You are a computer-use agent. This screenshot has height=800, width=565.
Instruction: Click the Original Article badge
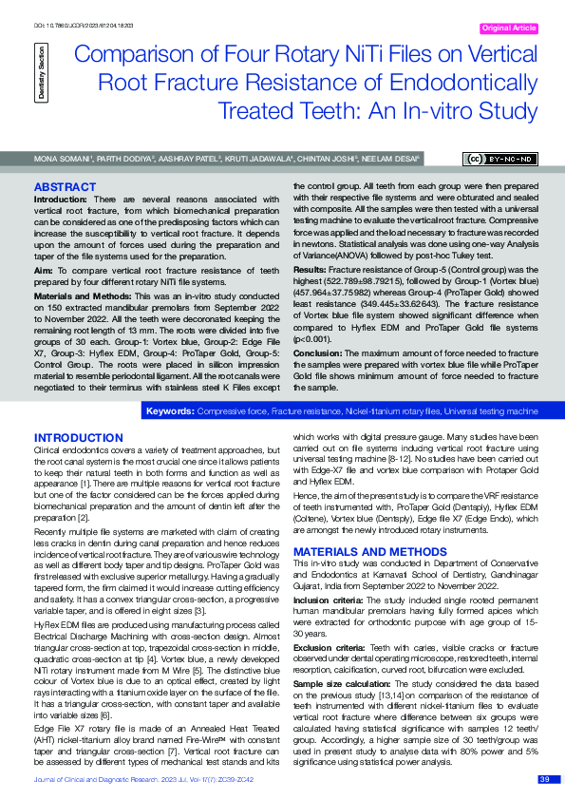click(509, 29)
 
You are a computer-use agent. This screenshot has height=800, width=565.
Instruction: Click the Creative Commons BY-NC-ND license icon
click(499, 158)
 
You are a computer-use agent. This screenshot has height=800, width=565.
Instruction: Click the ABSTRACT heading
click(65, 187)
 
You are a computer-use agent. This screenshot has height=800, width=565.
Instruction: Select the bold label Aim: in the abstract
click(44, 272)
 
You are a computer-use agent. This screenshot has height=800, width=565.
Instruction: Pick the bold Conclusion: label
click(317, 353)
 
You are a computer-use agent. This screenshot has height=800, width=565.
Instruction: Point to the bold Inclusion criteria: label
click(327, 601)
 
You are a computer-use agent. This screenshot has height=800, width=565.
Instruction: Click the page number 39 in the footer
click(543, 780)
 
